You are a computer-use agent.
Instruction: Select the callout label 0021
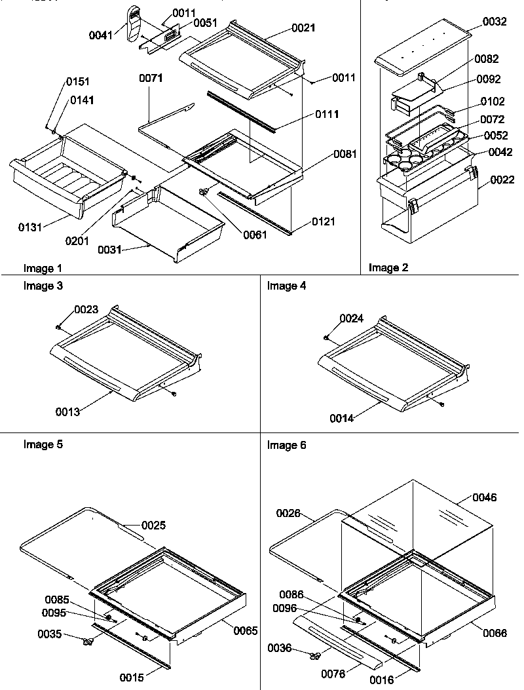click(x=304, y=28)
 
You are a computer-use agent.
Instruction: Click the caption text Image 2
click(x=384, y=267)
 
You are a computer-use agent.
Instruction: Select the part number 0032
click(x=495, y=22)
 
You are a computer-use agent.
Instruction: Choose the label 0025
click(x=153, y=525)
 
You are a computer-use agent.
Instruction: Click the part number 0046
click(x=484, y=498)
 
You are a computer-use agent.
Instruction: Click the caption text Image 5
click(x=43, y=444)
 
